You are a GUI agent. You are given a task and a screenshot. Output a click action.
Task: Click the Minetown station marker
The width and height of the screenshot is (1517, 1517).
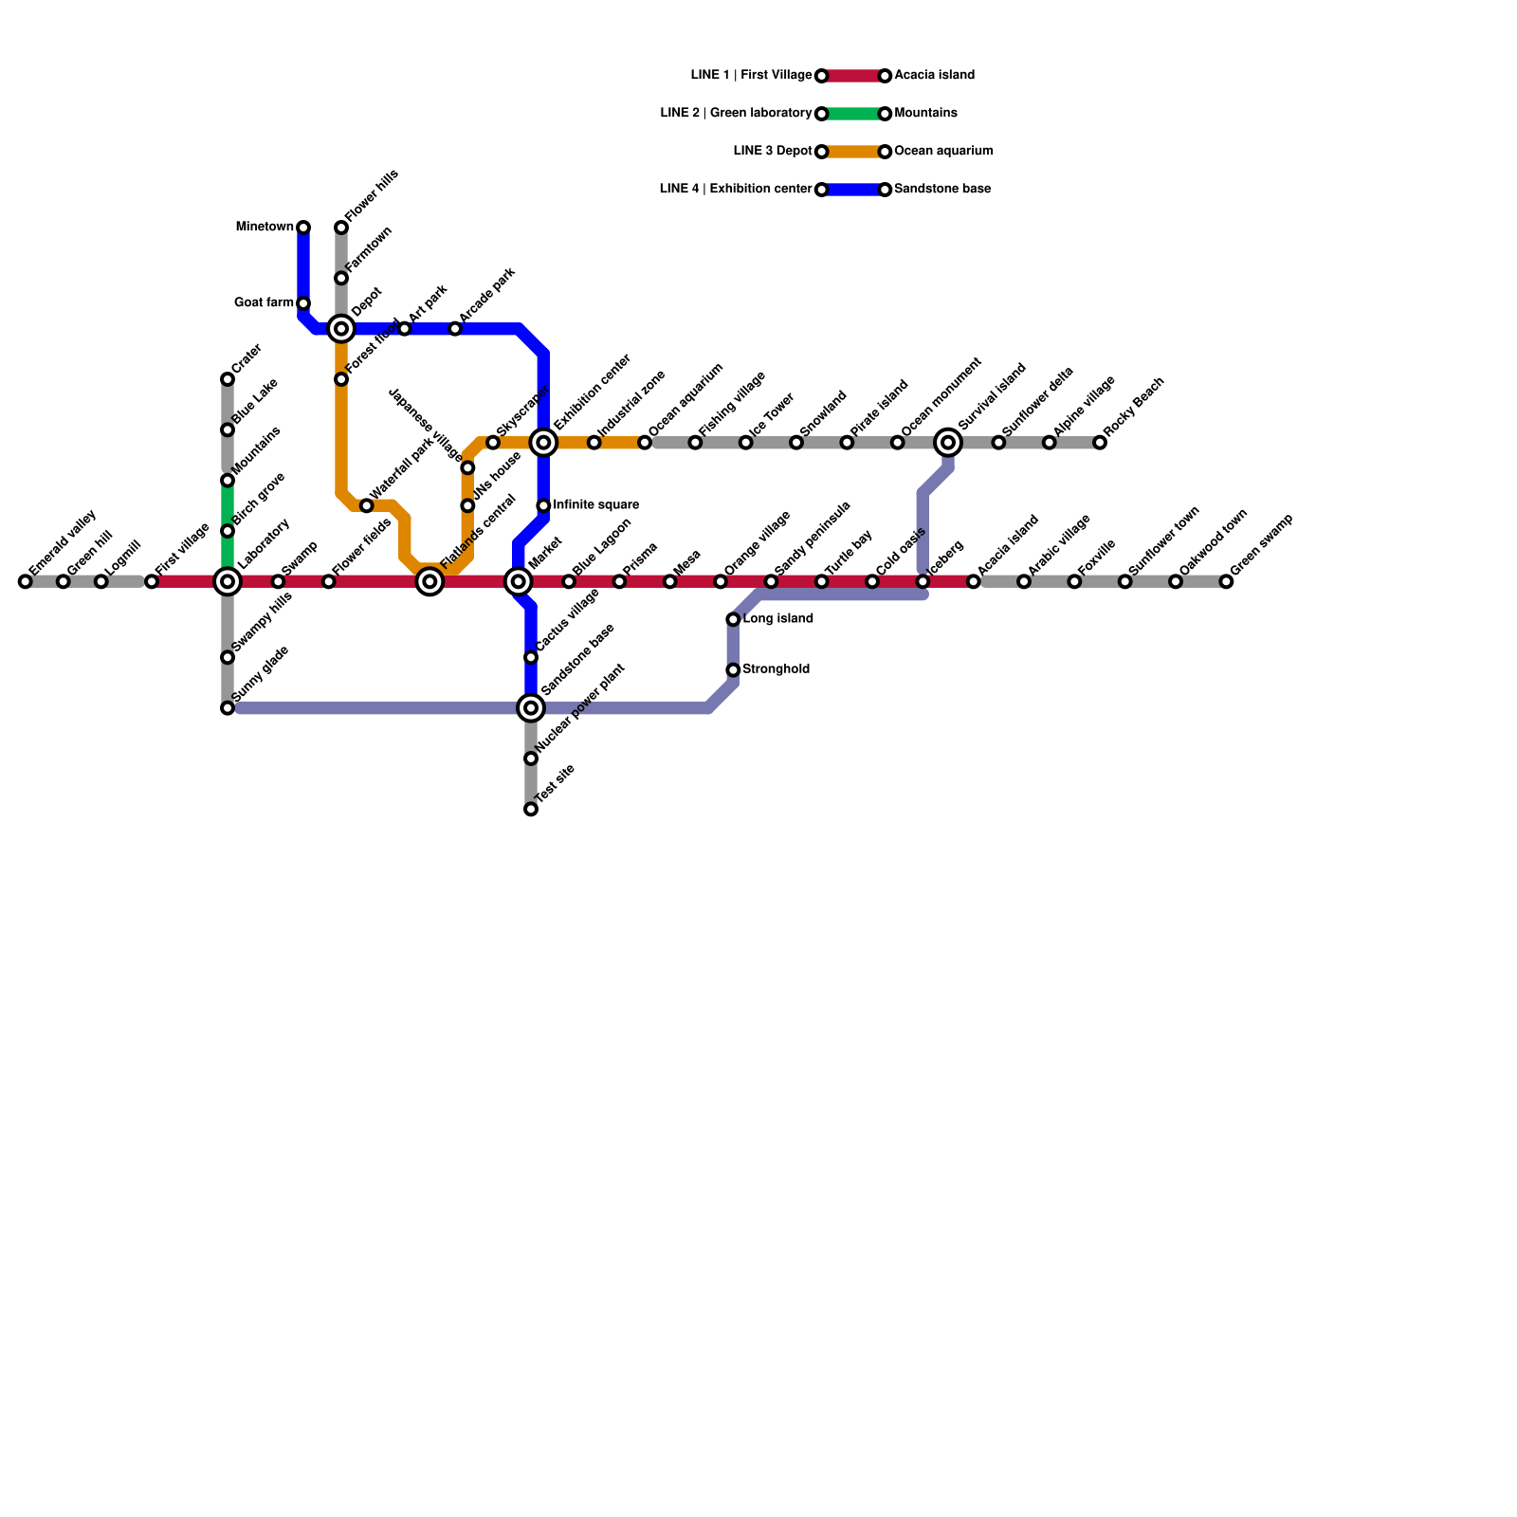pyautogui.click(x=303, y=228)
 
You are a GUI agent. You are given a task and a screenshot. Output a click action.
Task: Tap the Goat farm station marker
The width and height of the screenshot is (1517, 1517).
pyautogui.click(x=303, y=303)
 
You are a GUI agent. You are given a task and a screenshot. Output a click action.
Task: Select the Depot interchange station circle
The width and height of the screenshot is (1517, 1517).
pyautogui.click(x=341, y=329)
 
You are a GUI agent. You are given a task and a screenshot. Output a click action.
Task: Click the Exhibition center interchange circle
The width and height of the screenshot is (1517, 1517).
pyautogui.click(x=543, y=443)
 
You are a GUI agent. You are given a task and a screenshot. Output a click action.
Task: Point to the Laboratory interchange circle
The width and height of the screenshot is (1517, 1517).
pyautogui.click(x=228, y=581)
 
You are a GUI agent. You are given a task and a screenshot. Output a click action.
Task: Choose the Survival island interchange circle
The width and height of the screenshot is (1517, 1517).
pyautogui.click(x=948, y=443)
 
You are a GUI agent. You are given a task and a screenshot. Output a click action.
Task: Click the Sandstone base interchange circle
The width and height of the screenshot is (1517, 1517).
pyautogui.click(x=531, y=708)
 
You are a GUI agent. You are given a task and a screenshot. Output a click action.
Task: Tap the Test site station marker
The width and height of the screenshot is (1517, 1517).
pyautogui.click(x=531, y=810)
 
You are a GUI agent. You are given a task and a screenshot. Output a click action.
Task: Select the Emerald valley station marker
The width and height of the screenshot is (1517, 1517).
pyautogui.click(x=25, y=581)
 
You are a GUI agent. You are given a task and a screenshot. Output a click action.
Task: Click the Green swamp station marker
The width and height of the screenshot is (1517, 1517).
pyautogui.click(x=1226, y=581)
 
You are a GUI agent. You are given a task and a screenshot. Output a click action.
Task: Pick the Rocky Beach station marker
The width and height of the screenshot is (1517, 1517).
pyautogui.click(x=1100, y=443)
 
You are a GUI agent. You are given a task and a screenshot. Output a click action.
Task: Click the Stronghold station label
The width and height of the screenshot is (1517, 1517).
pyautogui.click(x=776, y=669)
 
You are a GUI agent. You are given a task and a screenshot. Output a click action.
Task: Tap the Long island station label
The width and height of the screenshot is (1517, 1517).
pyautogui.click(x=777, y=619)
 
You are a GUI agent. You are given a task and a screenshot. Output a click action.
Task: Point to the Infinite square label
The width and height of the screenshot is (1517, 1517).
pyautogui.click(x=595, y=505)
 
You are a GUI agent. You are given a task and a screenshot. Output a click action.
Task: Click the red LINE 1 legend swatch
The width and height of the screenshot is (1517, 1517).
pyautogui.click(x=853, y=76)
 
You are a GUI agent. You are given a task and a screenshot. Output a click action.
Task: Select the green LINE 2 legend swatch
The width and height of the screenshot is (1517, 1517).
pyautogui.click(x=853, y=114)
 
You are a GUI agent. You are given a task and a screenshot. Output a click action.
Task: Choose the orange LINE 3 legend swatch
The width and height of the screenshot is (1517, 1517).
pyautogui.click(x=853, y=152)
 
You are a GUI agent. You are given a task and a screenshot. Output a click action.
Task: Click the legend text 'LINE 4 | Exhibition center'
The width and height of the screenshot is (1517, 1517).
pyautogui.click(x=736, y=190)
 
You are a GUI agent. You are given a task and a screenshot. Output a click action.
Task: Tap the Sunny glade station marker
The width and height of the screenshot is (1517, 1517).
pyautogui.click(x=228, y=708)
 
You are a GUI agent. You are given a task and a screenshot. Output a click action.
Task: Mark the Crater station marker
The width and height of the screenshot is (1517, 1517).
pyautogui.click(x=228, y=379)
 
